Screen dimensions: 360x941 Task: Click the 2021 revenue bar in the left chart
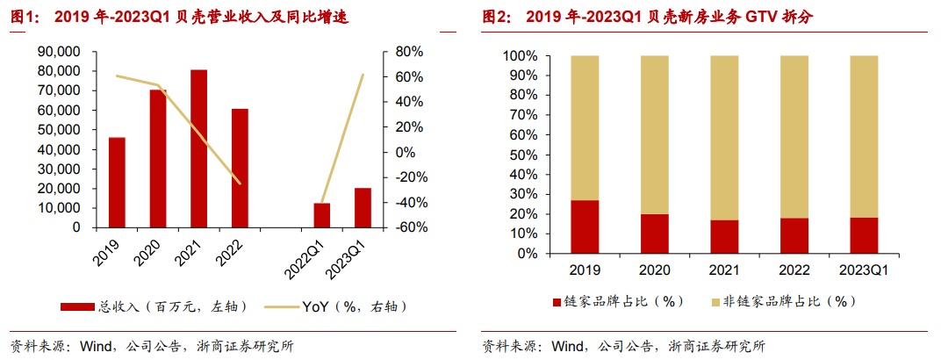coord(199,148)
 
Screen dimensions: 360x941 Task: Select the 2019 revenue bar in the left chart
coord(117,183)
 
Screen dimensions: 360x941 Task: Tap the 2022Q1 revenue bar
coord(321,215)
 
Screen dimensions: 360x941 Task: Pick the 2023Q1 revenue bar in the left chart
coord(363,207)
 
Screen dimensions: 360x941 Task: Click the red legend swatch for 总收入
coord(76,306)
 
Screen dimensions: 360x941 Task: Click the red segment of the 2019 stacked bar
coord(585,227)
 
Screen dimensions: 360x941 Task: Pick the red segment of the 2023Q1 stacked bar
coord(864,235)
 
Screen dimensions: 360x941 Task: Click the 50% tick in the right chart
coord(522,155)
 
